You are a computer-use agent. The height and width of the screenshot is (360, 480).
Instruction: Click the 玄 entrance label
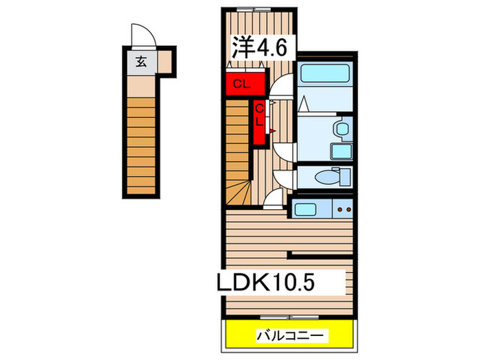tap(141, 62)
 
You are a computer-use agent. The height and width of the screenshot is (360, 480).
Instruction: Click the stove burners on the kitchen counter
tap(343, 208)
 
